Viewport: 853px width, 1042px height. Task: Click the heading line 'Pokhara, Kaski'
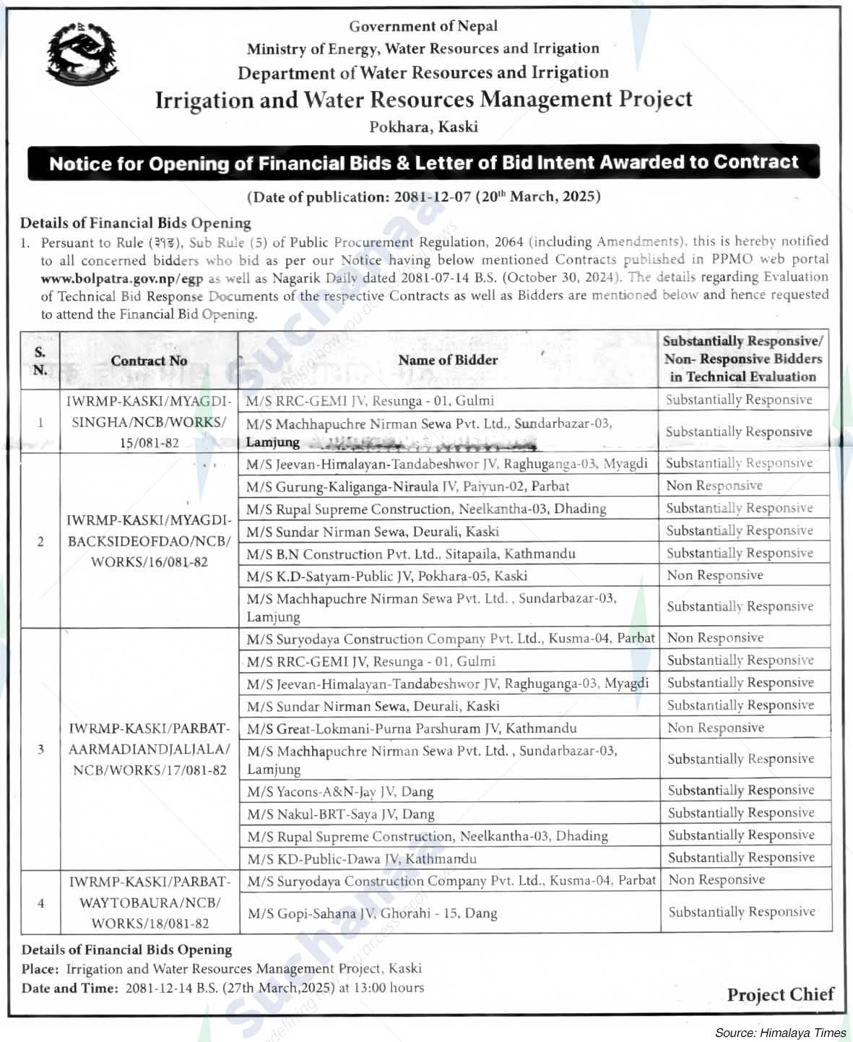(x=423, y=126)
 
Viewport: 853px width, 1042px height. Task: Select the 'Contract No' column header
(x=149, y=361)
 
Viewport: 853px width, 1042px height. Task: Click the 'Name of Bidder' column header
(x=448, y=360)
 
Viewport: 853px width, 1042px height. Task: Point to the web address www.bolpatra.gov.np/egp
(x=122, y=277)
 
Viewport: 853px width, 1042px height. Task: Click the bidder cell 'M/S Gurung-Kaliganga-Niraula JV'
(x=407, y=486)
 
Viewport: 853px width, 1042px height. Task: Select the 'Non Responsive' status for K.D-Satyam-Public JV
(x=714, y=575)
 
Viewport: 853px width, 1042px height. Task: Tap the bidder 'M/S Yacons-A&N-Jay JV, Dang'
(x=340, y=791)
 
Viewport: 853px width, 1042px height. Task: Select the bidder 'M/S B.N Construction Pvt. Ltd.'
(x=410, y=554)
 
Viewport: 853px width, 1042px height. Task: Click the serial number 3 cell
(x=40, y=749)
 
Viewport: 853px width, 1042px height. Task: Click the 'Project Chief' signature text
(x=780, y=994)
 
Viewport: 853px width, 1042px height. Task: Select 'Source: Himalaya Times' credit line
(x=780, y=1033)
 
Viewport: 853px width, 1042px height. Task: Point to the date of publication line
(x=424, y=197)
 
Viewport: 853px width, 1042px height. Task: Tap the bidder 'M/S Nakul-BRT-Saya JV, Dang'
(x=341, y=814)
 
